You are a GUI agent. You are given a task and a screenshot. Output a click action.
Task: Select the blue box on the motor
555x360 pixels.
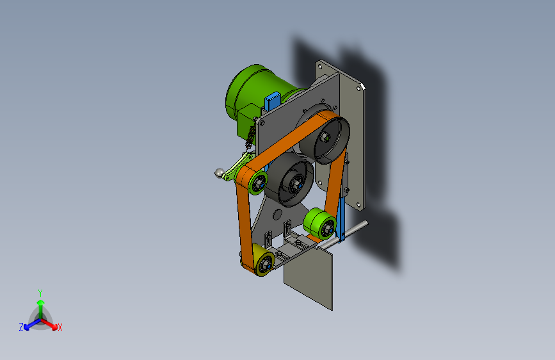pos(273,101)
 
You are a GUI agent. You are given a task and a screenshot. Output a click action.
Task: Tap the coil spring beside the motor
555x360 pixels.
pos(251,136)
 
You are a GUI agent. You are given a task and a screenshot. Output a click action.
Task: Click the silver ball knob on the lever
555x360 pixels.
pos(220,173)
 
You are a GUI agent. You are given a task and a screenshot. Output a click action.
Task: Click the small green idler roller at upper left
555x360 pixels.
pos(258,182)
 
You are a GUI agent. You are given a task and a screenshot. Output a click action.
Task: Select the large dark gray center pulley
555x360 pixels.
pos(289,179)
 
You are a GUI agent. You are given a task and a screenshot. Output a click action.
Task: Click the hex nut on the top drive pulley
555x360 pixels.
pos(325,137)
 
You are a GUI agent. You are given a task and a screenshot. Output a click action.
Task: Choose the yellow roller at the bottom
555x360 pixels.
pos(263,261)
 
